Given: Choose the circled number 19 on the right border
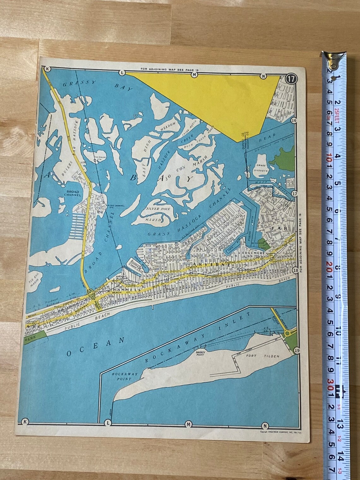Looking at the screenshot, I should click(296, 351).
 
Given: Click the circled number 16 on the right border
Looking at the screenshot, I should click(294, 121).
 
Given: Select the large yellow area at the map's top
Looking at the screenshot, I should click(221, 101).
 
